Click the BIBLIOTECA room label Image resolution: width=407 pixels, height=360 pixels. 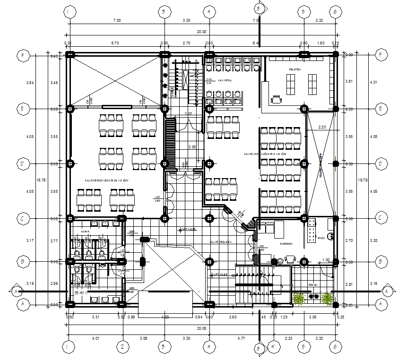click(x=295, y=69)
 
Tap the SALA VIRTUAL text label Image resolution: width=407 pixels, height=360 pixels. click(x=225, y=80)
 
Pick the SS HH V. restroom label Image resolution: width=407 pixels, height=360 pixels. click(x=81, y=293)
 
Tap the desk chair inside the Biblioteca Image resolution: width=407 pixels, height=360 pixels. click(x=276, y=99)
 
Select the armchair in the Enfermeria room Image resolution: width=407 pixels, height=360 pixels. click(x=289, y=259)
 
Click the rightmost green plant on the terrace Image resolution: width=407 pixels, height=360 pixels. click(x=326, y=298)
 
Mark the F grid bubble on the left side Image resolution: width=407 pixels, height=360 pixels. click(x=21, y=55)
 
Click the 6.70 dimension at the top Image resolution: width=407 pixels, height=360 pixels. click(x=114, y=43)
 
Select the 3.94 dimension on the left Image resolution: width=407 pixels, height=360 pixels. click(x=30, y=83)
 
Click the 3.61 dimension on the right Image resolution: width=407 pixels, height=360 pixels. click(x=349, y=81)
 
